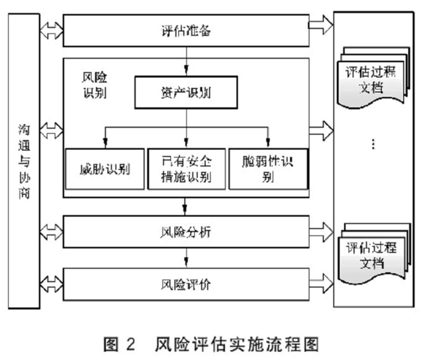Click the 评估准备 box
[186, 31]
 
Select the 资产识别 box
[186, 92]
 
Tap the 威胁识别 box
[104, 169]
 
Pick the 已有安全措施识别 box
[186, 169]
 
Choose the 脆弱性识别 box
[268, 169]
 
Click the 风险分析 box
[186, 232]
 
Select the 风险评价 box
[186, 284]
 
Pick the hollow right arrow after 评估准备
[320, 26]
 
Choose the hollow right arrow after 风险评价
[320, 284]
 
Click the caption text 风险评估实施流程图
[237, 344]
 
